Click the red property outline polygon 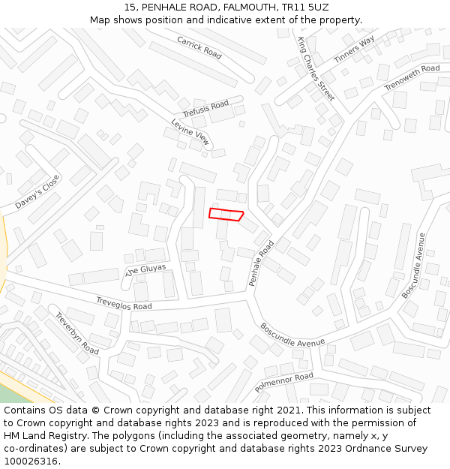[226, 215]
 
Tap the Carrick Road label [199, 47]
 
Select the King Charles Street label [316, 68]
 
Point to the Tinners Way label [354, 50]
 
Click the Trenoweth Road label [412, 78]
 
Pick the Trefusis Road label [205, 109]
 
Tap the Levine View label [190, 131]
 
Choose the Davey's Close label [37, 192]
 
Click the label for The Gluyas [145, 270]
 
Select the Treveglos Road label [124, 302]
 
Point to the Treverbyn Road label [76, 333]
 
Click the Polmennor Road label [284, 381]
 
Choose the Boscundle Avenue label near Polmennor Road [292, 335]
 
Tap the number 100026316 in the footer [31, 461]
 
